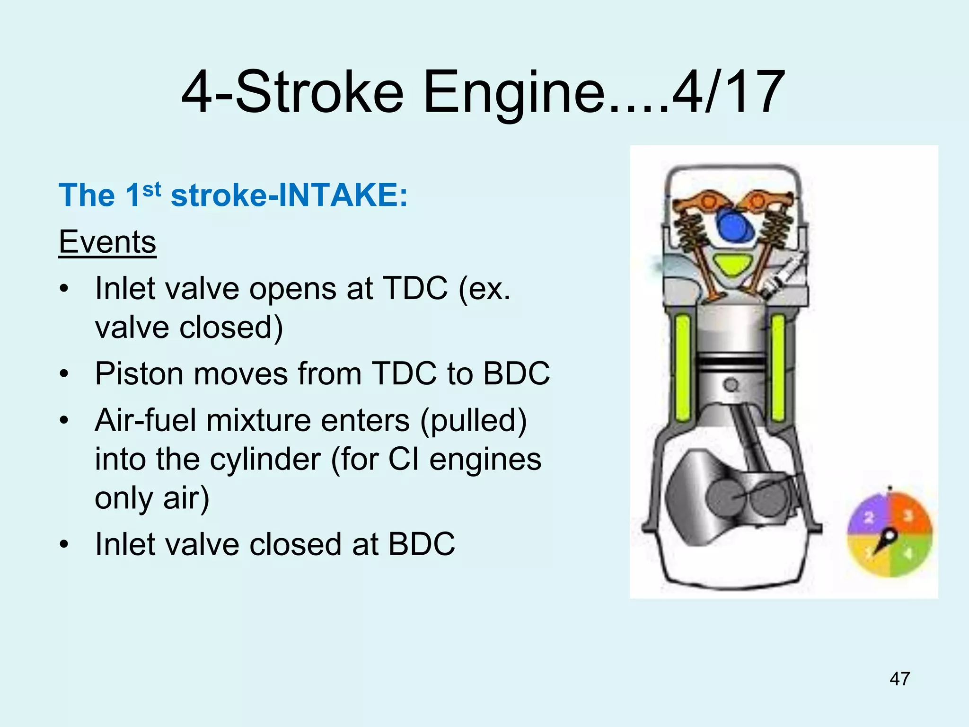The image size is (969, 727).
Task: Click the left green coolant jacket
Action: click(683, 368)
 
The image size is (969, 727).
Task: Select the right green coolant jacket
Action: click(778, 368)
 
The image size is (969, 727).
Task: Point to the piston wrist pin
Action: click(731, 384)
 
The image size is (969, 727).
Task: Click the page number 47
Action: click(899, 679)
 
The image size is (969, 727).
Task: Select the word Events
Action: click(107, 242)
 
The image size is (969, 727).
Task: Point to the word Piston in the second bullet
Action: click(139, 374)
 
